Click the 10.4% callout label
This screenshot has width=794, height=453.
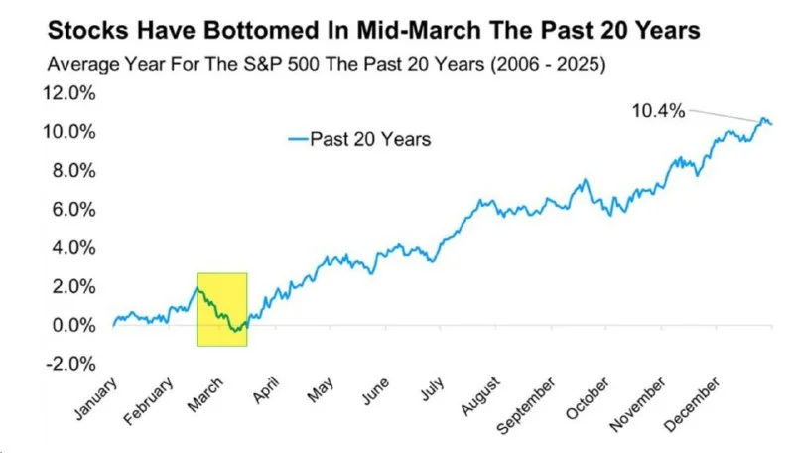pyautogui.click(x=658, y=111)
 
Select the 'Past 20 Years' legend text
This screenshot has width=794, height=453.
pyautogui.click(x=370, y=140)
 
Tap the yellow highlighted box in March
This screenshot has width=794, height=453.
pyautogui.click(x=222, y=309)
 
